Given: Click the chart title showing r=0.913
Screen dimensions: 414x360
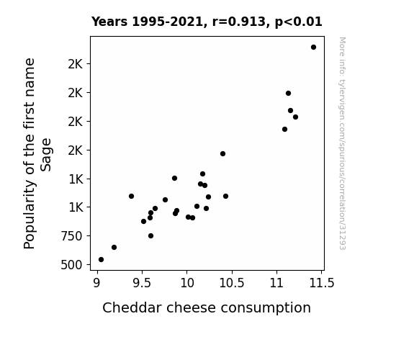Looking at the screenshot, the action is [x=207, y=22].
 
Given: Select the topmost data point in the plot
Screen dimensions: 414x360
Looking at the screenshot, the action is [x=313, y=48].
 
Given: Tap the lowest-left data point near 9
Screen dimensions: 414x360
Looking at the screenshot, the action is [x=101, y=260].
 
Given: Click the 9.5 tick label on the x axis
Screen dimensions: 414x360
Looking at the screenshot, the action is [x=142, y=283].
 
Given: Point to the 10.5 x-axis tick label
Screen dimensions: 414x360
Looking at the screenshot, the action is [x=232, y=283].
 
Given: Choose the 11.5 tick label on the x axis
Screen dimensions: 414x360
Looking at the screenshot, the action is [x=322, y=283].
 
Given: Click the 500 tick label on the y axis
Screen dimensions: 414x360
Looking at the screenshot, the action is [x=71, y=265].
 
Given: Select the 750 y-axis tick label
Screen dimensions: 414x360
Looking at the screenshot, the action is [x=71, y=236].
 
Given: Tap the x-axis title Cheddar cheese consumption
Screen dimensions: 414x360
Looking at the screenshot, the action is [x=207, y=307].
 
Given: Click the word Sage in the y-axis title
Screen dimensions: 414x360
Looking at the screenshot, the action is [x=46, y=155].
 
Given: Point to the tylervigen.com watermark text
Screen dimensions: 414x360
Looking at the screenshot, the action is [x=343, y=143].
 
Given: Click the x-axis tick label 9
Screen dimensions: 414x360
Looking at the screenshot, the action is [x=97, y=283].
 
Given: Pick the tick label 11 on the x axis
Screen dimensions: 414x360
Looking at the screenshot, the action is [x=276, y=283].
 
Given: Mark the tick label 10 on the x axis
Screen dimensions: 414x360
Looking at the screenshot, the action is [x=187, y=283].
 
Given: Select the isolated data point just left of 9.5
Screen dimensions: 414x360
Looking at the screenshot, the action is [x=131, y=197].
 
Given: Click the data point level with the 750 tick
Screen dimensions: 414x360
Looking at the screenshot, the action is [x=150, y=236].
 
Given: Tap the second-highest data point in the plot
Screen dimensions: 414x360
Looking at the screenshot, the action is [x=288, y=93].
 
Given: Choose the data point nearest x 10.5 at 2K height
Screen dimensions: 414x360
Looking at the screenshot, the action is [x=223, y=153].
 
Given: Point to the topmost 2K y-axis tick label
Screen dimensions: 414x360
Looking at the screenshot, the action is [x=76, y=64].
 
